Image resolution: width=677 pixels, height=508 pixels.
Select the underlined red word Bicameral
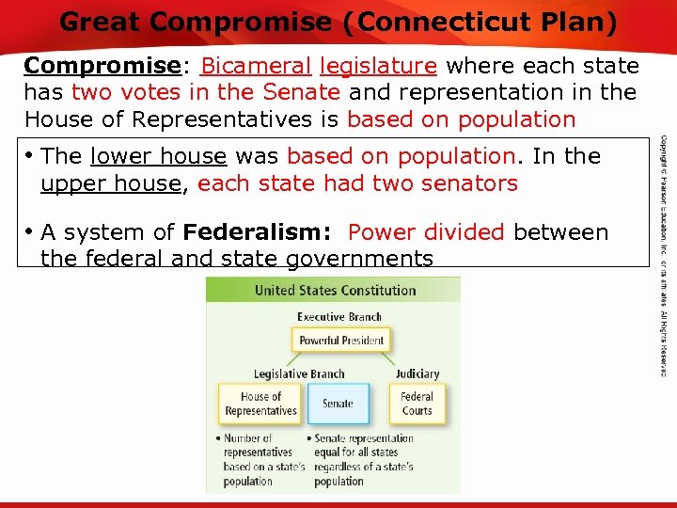[256, 67]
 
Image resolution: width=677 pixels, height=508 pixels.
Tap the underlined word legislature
[378, 67]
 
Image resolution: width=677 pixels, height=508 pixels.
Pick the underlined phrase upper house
[110, 183]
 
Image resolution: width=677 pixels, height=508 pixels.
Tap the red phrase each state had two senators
[357, 183]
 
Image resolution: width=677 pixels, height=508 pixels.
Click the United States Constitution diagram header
[335, 291]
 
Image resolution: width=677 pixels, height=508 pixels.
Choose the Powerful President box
[340, 341]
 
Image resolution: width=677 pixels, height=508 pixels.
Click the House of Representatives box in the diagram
[260, 404]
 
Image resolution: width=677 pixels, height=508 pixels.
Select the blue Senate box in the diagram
[338, 404]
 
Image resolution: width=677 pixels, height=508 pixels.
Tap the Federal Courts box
[417, 404]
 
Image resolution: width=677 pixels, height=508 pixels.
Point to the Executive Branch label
[339, 317]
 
